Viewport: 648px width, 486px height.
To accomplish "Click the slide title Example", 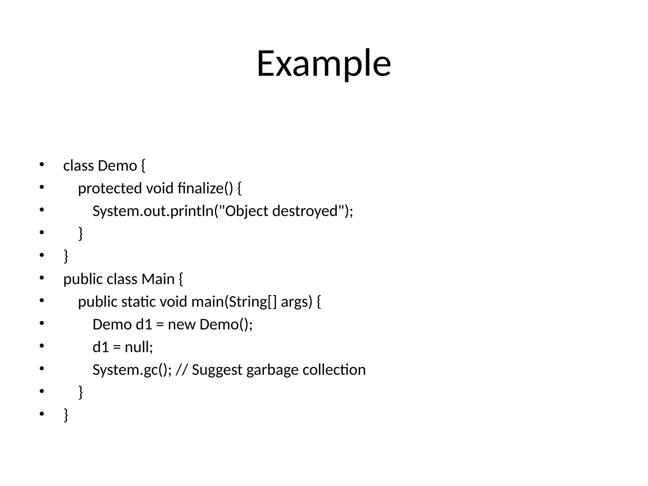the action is pos(324,63).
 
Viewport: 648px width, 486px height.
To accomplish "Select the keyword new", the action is pos(181,325).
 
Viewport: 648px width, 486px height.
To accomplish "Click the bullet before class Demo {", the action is pos(41,165).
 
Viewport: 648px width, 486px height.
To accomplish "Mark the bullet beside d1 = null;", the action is pos(41,346).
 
